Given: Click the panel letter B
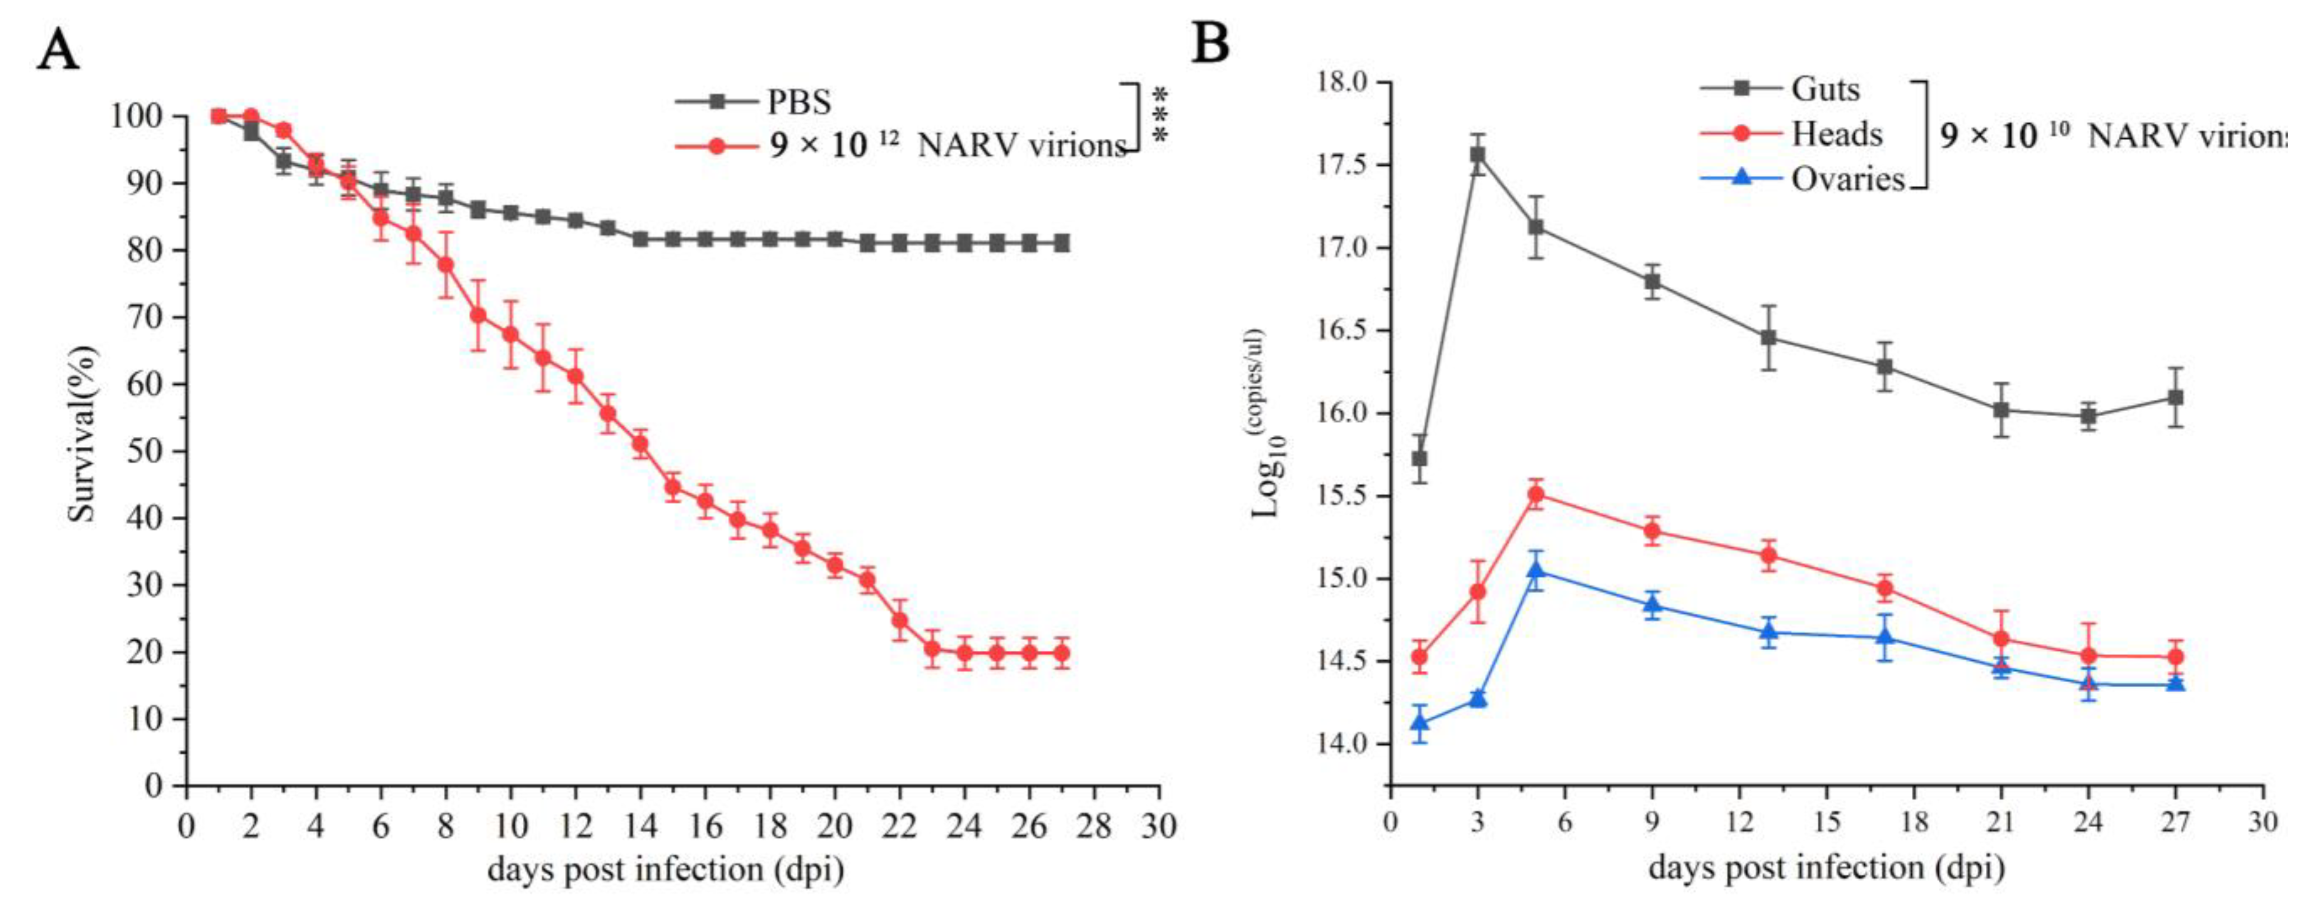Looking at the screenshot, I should pyautogui.click(x=1210, y=43).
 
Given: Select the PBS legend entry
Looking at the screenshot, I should pyautogui.click(x=798, y=102).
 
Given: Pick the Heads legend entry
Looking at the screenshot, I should pyautogui.click(x=1836, y=134).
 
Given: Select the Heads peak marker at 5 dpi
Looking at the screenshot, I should pyautogui.click(x=1536, y=494).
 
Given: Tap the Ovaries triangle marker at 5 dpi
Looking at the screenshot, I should pyautogui.click(x=1536, y=570).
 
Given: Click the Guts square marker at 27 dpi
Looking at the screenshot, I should pyautogui.click(x=2175, y=397).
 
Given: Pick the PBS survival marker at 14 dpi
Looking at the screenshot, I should pyautogui.click(x=640, y=240).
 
